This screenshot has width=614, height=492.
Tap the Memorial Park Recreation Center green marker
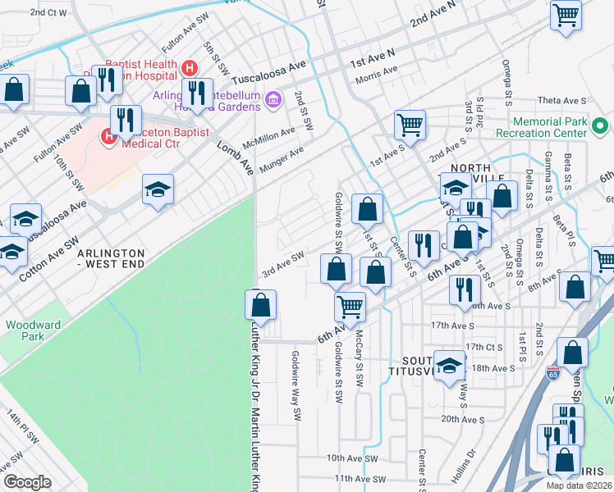click(599, 128)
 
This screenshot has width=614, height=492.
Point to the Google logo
click(27, 481)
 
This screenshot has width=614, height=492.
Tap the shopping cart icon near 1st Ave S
click(409, 125)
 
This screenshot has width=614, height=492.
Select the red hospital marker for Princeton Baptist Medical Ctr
click(108, 136)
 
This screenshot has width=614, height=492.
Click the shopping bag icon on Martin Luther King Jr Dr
click(260, 305)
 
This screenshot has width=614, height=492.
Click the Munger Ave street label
click(282, 160)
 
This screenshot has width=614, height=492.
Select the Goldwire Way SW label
click(297, 386)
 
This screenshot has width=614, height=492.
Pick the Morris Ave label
click(377, 80)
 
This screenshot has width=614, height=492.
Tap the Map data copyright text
click(580, 485)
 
